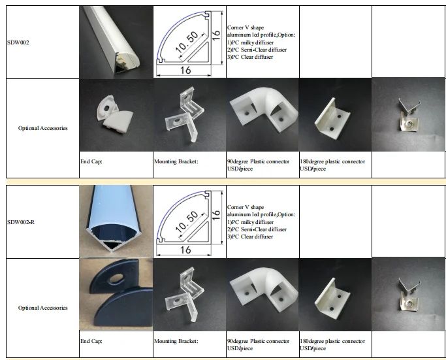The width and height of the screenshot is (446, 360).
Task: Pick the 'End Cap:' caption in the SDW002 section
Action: (91, 161)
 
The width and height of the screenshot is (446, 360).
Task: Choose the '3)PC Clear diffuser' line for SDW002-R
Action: (250, 237)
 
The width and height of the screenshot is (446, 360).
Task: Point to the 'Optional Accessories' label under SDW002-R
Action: (42, 308)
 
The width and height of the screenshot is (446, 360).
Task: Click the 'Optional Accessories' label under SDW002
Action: (42, 128)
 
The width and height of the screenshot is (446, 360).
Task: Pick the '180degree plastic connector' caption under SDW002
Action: (332, 161)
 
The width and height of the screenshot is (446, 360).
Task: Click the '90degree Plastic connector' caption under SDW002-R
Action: (258, 342)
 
